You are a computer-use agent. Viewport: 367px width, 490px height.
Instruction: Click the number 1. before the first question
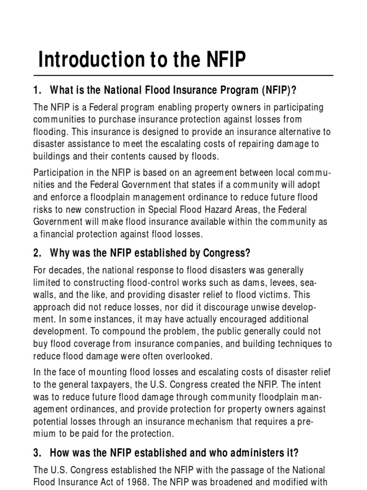coord(38,90)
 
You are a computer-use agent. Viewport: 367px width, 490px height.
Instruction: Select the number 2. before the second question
coord(38,253)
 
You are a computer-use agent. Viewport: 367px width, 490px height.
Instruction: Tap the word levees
coord(283,282)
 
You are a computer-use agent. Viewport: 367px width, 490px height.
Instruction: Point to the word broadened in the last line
coord(229,482)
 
